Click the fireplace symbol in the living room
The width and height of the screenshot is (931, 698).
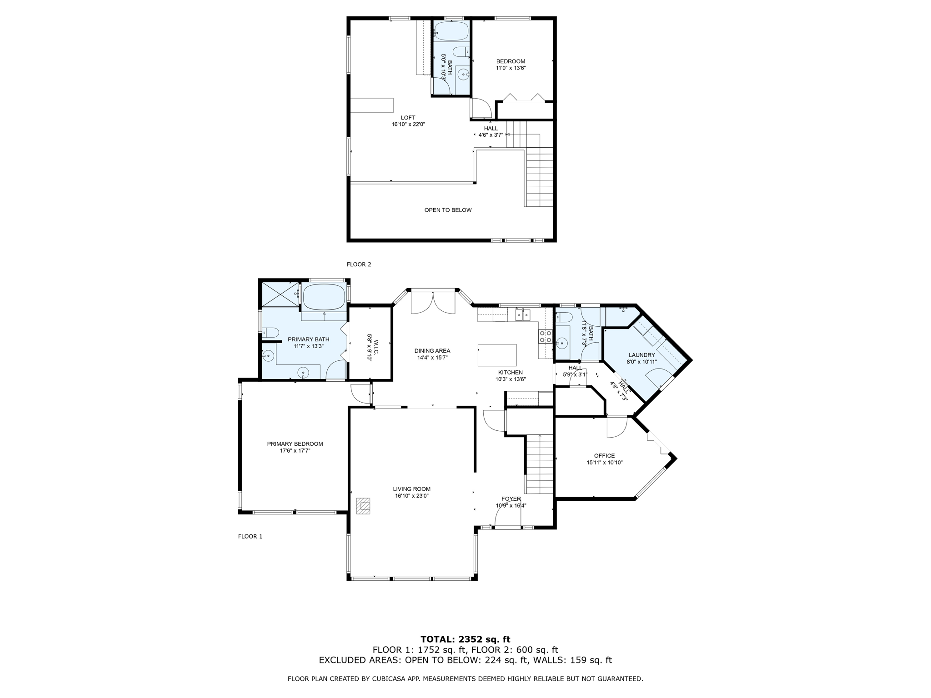(363, 506)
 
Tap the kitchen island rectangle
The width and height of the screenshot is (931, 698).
(497, 355)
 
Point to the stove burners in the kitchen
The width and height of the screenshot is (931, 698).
(545, 336)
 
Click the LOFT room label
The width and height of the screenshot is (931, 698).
(408, 118)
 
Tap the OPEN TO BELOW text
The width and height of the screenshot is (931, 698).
(448, 210)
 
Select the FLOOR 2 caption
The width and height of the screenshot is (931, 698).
(359, 264)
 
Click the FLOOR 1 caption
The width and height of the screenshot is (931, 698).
(250, 536)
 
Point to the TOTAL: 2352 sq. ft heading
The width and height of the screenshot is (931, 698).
(465, 639)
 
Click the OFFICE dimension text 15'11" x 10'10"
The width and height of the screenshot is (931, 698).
(604, 463)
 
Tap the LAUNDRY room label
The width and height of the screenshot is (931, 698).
(641, 355)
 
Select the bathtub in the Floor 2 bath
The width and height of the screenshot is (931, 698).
(450, 31)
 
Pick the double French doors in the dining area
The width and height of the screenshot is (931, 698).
(433, 303)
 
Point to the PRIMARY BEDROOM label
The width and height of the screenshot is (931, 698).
(295, 444)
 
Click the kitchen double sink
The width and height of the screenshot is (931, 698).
(523, 314)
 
